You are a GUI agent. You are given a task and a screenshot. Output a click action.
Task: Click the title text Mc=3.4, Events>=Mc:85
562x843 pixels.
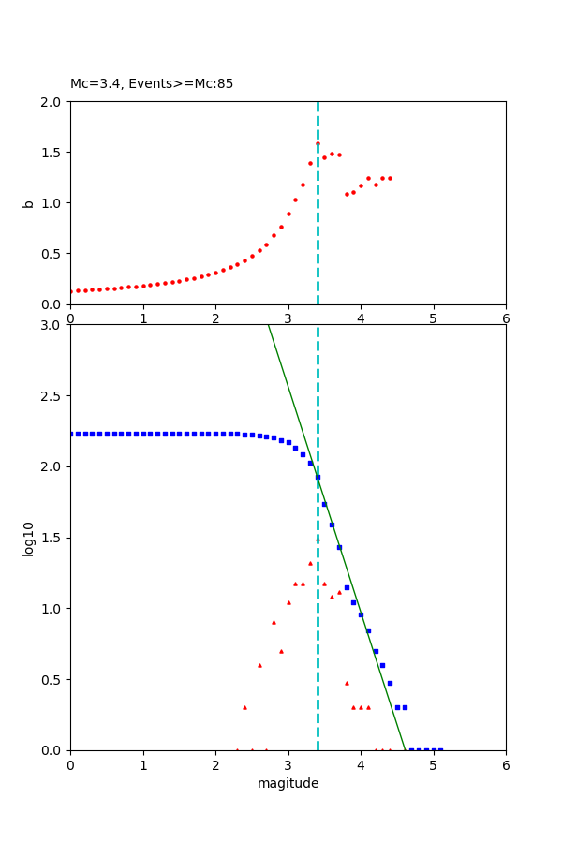152,84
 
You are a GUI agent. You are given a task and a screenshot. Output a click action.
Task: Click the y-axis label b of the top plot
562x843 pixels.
28,202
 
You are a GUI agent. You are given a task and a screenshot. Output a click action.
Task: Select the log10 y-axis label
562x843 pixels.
28,539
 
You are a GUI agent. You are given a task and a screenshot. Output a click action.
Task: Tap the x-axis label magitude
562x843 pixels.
288,783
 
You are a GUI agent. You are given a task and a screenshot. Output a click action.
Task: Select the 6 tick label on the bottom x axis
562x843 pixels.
506,764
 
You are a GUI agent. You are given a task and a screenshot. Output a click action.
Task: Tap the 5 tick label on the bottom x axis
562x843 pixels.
433,764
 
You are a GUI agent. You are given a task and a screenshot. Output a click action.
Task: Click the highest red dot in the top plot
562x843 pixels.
318,143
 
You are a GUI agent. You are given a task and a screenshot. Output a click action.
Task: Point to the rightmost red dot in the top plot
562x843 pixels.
390,178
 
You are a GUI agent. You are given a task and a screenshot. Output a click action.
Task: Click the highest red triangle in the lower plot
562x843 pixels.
310,563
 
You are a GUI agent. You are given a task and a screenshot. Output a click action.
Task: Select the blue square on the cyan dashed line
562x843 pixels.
318,477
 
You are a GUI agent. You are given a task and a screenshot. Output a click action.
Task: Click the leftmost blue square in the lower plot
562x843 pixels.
71,434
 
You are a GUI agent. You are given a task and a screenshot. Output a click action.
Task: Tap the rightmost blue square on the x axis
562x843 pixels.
440,749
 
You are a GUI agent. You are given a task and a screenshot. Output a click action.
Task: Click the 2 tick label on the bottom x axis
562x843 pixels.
215,764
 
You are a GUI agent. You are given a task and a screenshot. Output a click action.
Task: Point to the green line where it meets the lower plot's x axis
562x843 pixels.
406,749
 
